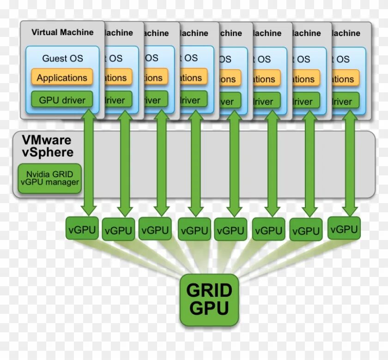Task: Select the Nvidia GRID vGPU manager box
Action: coord(49,178)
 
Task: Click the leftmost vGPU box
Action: coord(82,228)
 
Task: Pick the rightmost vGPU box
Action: coord(344,228)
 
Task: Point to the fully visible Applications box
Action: coord(62,78)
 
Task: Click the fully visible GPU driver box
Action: coord(62,99)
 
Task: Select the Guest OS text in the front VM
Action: coord(62,58)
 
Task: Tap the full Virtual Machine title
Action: coord(62,32)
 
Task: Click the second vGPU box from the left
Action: coord(118,229)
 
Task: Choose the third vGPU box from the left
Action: coord(155,229)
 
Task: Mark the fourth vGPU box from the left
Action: coord(194,229)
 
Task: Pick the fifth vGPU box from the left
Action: coord(231,229)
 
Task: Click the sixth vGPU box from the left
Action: coord(268,229)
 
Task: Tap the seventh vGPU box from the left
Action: coord(306,230)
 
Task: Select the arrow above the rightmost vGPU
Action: coord(350,164)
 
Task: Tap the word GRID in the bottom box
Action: coord(209,291)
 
